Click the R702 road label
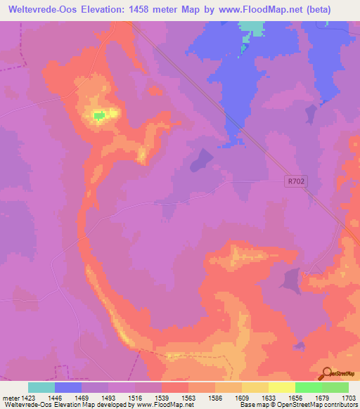296,181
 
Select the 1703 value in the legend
347,396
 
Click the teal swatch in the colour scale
41,387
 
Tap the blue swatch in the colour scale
68,387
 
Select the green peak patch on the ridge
100,115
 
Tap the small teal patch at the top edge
251,27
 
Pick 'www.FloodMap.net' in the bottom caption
165,405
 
